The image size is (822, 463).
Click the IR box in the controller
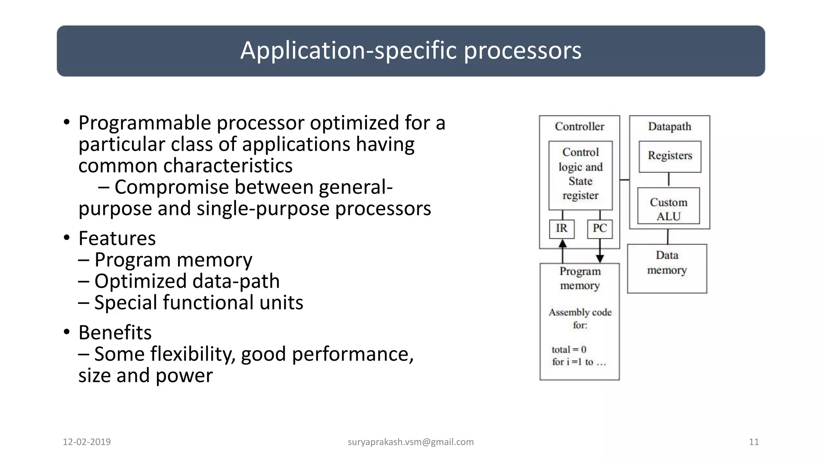click(x=562, y=229)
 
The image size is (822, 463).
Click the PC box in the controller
click(x=600, y=229)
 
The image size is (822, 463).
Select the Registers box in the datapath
click(x=670, y=156)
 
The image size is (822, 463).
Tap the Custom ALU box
click(x=668, y=209)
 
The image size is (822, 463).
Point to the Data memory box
click(x=667, y=268)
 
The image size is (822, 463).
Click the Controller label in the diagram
click(x=579, y=127)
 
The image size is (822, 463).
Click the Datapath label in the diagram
click(x=669, y=127)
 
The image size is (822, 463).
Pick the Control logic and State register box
click(x=580, y=174)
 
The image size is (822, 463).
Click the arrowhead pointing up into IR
click(x=563, y=244)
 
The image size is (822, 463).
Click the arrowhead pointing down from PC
click(x=600, y=258)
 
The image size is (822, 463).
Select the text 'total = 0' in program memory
click(x=569, y=350)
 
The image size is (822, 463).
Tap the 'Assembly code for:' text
click(x=580, y=318)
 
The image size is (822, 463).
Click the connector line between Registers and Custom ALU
click(x=669, y=180)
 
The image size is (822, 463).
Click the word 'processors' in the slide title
click(x=523, y=51)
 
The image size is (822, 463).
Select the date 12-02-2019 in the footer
click(x=87, y=442)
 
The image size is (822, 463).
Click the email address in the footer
click(x=411, y=442)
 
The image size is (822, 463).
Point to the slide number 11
click(x=754, y=442)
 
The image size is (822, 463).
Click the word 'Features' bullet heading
click(x=117, y=239)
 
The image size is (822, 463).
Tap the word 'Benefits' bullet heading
click(x=115, y=333)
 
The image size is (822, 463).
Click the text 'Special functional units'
click(x=199, y=303)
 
